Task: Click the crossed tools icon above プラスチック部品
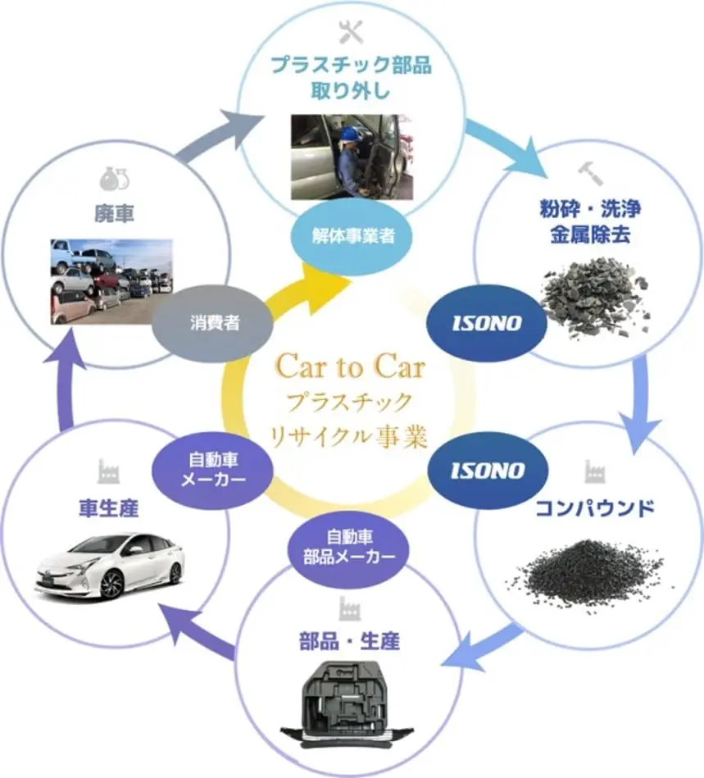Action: coord(351,32)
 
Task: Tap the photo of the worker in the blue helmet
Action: coord(351,157)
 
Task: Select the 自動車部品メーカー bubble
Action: coord(349,547)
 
